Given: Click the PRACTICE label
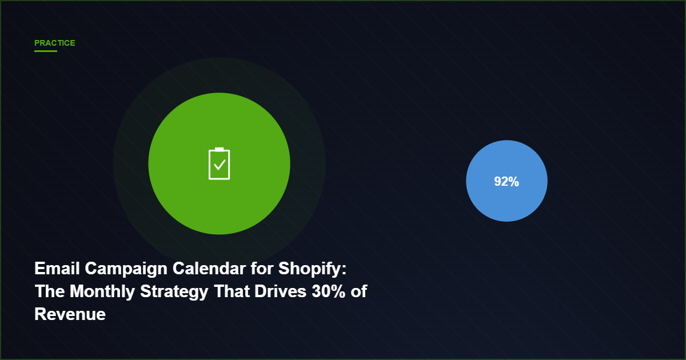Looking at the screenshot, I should (x=54, y=43).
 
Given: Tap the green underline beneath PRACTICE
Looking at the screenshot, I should (x=45, y=51).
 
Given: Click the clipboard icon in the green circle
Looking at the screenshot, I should (x=219, y=164).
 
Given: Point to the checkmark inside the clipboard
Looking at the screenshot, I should (x=220, y=166).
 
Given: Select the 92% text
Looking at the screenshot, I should (x=506, y=182).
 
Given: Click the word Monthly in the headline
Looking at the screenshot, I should (x=105, y=291).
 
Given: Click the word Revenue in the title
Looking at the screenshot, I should (x=70, y=314).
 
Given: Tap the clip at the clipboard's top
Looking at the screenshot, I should (x=219, y=149).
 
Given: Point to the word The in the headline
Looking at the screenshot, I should (x=50, y=291).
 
